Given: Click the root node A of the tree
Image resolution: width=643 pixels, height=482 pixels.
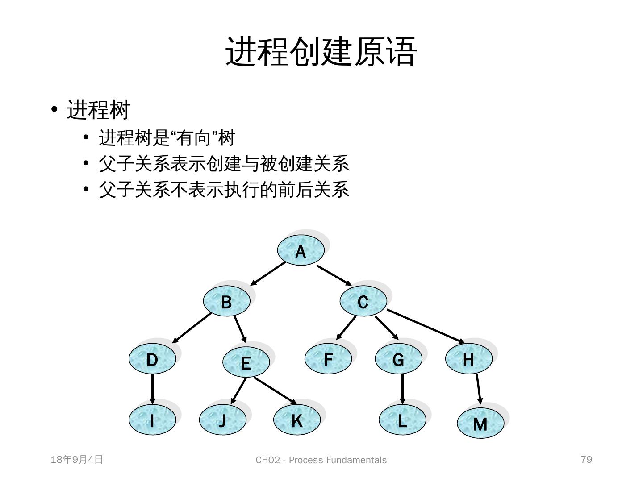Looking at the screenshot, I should point(301,251).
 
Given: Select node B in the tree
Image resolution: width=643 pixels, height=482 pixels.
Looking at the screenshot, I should point(226,302).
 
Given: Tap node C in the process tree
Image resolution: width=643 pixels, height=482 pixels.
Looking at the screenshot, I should point(363,302).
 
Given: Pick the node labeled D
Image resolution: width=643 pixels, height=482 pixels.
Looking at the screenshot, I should point(152,359).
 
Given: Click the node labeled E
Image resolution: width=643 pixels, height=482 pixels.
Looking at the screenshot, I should point(246,362).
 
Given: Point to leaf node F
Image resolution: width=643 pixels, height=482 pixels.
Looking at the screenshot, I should point(328,359).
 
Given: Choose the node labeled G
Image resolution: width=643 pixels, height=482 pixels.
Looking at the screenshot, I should point(398,359).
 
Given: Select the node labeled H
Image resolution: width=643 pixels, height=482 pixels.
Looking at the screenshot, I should point(469,359).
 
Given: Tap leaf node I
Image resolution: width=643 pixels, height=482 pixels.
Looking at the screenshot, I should point(152,420).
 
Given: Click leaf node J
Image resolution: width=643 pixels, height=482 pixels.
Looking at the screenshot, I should point(222,420).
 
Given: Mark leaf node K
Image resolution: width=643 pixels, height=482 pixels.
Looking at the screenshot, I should point(297,420).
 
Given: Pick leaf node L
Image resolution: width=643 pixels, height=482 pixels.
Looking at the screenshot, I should point(402,420).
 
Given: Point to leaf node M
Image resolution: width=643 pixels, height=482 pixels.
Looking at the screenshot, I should point(480,423).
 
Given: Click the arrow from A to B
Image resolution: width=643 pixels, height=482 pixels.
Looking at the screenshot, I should point(268,274).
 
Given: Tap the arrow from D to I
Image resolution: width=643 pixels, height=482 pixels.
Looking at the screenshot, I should point(152,388).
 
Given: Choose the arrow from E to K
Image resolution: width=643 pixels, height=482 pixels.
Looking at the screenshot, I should point(275,390).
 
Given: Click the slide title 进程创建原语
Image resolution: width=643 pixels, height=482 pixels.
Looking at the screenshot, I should point(321,52).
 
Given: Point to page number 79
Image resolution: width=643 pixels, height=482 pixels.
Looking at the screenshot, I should point(586,459).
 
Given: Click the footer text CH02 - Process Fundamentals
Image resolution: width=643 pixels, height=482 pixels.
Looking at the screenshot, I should point(321,460).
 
